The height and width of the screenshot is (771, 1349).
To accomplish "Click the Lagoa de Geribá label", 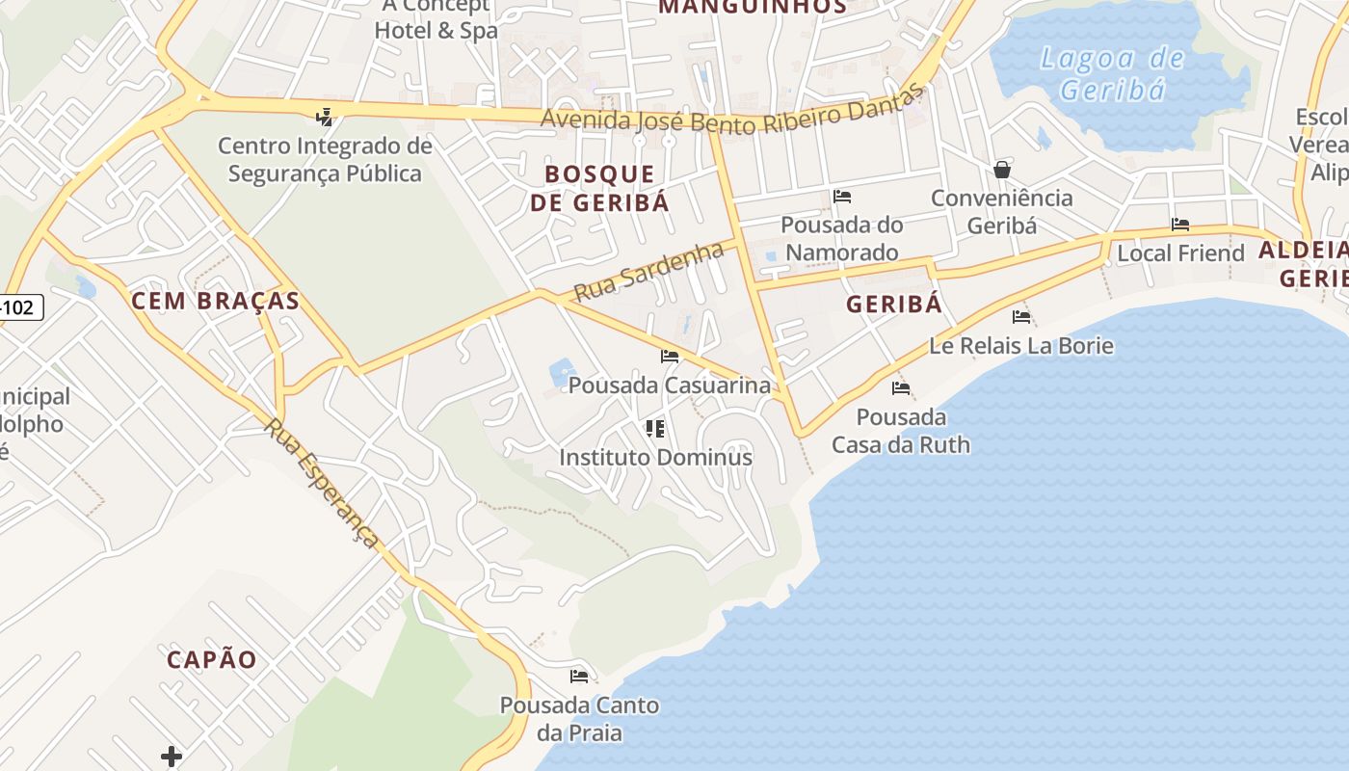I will click(x=1112, y=73).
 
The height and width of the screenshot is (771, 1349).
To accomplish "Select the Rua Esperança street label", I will click(x=323, y=484).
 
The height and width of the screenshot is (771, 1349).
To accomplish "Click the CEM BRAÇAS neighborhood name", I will click(x=215, y=301).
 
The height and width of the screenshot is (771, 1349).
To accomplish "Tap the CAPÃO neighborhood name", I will click(x=212, y=659).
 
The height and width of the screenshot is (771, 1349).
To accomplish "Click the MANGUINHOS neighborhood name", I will click(x=752, y=7).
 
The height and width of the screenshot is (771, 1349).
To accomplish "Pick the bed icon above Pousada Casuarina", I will click(x=670, y=357).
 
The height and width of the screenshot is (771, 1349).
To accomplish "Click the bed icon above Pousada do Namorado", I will click(x=842, y=197).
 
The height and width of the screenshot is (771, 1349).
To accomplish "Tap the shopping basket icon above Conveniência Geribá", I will click(x=1002, y=170).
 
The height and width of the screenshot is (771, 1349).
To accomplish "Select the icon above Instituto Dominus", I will click(x=655, y=428).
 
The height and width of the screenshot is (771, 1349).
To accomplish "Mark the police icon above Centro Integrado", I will click(x=325, y=118).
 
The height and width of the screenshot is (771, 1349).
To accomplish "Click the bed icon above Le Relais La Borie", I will click(x=1021, y=316).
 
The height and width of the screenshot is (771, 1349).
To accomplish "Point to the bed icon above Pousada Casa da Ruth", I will click(x=901, y=388).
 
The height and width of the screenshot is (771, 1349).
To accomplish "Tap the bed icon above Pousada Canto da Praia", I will click(x=579, y=676).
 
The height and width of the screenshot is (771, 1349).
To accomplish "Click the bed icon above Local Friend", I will click(x=1180, y=225).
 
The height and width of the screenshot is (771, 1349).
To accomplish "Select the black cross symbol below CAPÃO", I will click(x=172, y=756).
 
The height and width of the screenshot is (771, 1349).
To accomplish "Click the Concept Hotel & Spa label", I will click(x=436, y=19).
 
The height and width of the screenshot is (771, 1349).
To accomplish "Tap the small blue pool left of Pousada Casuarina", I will click(x=561, y=372).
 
